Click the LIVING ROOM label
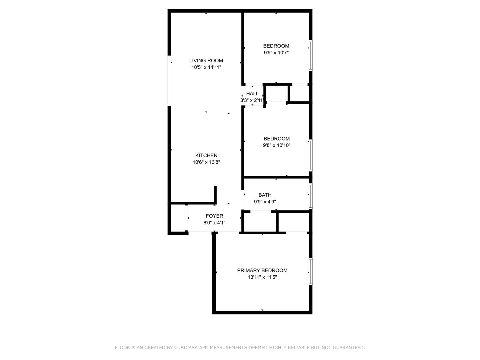(206, 61)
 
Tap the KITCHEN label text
(206, 155)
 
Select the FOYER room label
(214, 216)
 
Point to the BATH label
(265, 195)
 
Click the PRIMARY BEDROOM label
(262, 270)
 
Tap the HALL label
(252, 94)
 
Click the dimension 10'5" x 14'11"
(206, 67)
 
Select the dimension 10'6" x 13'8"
(206, 162)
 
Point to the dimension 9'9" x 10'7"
(276, 53)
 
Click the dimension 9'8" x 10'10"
(277, 145)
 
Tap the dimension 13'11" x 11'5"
(262, 277)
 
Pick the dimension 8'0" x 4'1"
(214, 223)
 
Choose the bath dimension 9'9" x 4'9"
(265, 202)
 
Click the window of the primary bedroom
(311, 272)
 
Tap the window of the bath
(311, 196)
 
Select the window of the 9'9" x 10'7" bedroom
(311, 56)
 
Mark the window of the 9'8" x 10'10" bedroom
(311, 155)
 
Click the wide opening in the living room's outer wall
(169, 81)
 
